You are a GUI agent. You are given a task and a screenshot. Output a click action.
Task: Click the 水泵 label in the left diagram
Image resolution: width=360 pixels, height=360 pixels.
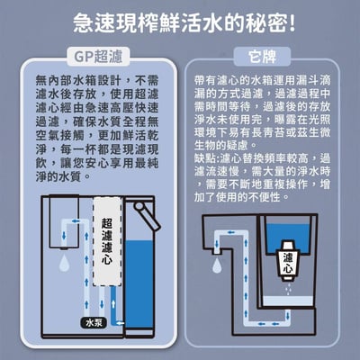94,320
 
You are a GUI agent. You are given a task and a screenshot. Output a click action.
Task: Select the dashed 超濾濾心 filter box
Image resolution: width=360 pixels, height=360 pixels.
108,243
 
